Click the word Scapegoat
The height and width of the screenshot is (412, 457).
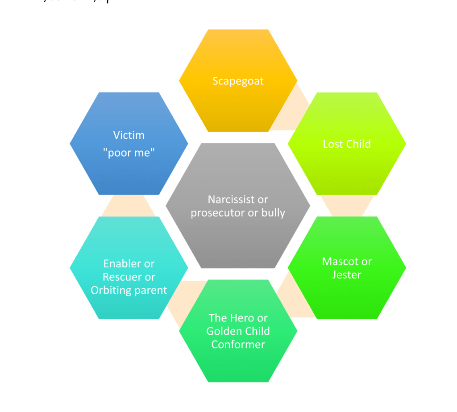click(238, 81)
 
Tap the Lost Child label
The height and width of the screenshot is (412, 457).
click(347, 144)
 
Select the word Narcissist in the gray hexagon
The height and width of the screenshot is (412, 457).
click(231, 199)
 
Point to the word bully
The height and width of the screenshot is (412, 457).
click(273, 212)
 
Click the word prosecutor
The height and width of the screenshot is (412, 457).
click(218, 213)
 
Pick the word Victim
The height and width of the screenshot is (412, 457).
click(129, 135)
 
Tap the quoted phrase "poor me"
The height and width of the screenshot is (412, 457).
click(129, 153)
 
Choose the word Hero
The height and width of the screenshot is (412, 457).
click(242, 318)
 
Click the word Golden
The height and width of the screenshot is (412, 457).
click(222, 331)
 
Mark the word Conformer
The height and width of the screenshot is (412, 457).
click(238, 345)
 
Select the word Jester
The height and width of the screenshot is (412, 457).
click(347, 275)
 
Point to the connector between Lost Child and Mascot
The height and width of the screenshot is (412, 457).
click(347, 206)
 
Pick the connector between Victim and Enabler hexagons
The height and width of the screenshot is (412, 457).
click(129, 206)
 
